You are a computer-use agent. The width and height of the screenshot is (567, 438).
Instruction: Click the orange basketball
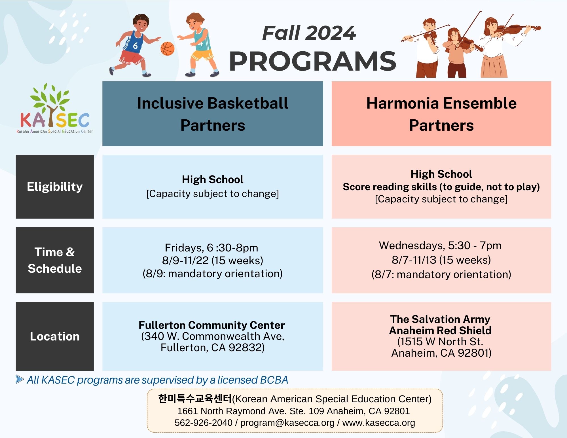tap(167, 48)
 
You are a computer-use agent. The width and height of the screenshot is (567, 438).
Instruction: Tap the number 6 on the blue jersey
tap(135, 45)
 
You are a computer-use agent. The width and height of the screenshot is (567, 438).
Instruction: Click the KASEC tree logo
tap(55, 108)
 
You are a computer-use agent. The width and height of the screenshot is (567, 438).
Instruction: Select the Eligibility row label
tap(55, 187)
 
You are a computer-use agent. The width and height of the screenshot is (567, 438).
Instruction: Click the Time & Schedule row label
tap(55, 260)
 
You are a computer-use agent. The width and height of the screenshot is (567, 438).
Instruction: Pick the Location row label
tap(55, 336)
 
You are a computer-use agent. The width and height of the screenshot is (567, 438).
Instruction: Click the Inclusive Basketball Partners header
tap(213, 114)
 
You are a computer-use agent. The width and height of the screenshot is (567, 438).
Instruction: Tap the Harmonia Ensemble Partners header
tap(441, 114)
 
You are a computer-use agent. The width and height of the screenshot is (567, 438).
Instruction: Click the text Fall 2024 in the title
tap(309, 33)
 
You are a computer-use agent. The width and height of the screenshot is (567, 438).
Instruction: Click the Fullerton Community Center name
tap(211, 325)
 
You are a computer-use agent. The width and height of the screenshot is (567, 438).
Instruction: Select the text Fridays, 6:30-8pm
tap(211, 248)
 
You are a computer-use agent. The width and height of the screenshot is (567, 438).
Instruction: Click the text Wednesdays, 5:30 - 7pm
tap(440, 246)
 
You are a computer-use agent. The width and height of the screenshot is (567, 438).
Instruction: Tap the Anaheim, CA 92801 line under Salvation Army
tap(441, 353)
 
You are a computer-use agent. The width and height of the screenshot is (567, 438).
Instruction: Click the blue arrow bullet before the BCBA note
tap(20, 379)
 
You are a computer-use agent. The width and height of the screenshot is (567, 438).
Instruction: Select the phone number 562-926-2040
tap(204, 423)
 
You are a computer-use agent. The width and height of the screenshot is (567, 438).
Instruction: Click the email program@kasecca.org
tap(287, 423)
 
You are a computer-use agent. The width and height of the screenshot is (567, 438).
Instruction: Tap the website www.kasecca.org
tap(378, 423)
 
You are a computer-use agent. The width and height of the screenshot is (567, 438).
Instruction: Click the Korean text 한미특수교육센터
tap(195, 399)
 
